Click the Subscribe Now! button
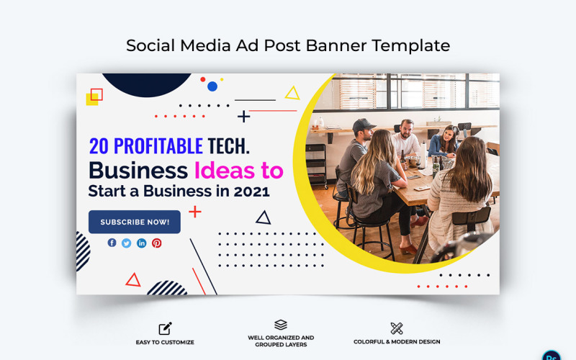click(135, 222)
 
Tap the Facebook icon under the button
click(112, 243)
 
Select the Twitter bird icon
click(127, 243)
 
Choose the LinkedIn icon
click(142, 243)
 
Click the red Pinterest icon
click(157, 243)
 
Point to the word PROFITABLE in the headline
click(158, 146)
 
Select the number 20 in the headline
click(98, 146)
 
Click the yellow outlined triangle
click(292, 94)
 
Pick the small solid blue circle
click(212, 86)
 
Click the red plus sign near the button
click(195, 212)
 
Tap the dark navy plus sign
click(244, 116)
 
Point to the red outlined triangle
click(133, 280)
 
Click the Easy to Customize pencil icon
click(165, 328)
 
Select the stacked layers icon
click(281, 325)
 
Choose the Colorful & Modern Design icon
click(397, 328)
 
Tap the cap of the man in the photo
click(364, 124)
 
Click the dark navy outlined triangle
click(264, 217)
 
